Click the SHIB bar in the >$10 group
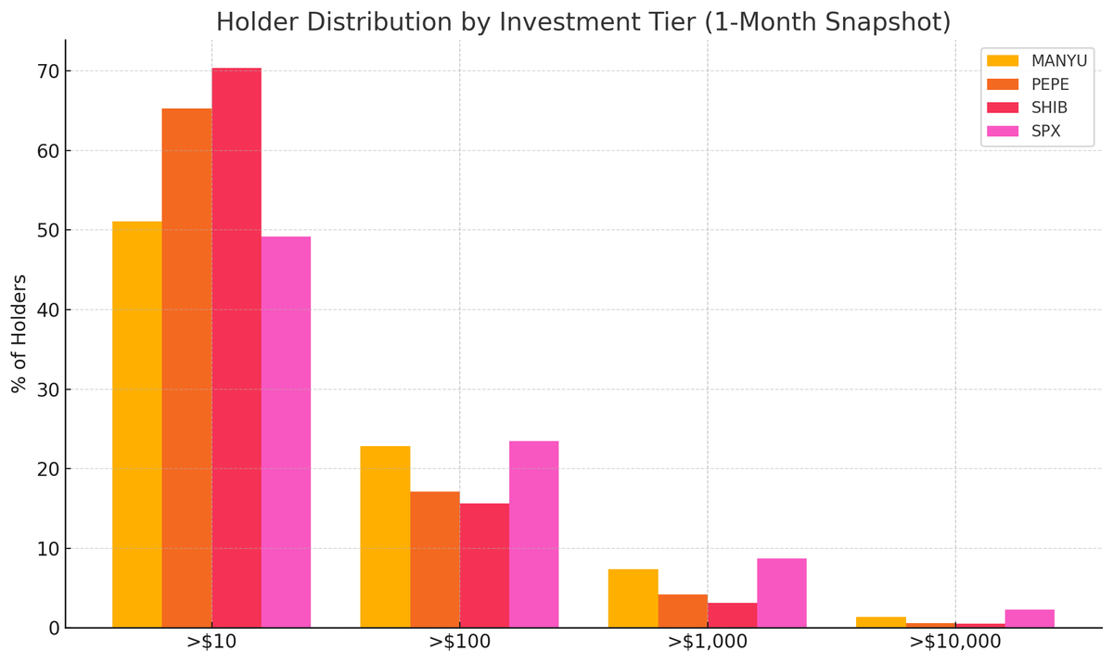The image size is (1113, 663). coord(237,348)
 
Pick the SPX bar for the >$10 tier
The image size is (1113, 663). coord(286,432)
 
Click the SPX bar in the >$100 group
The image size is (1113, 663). coord(533,534)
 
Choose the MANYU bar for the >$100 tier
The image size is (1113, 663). coord(385,537)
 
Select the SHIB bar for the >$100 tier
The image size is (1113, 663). coord(484,566)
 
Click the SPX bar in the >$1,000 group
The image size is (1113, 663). coord(781,593)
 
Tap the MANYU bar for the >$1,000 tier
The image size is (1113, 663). coord(633,598)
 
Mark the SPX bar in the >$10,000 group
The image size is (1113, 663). coord(1029,618)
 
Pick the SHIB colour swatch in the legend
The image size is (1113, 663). coord(1003,108)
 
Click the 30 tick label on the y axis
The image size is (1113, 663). coord(48,389)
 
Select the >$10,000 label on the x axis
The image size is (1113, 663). coord(954,642)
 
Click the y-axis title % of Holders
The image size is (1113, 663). coord(19,334)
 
